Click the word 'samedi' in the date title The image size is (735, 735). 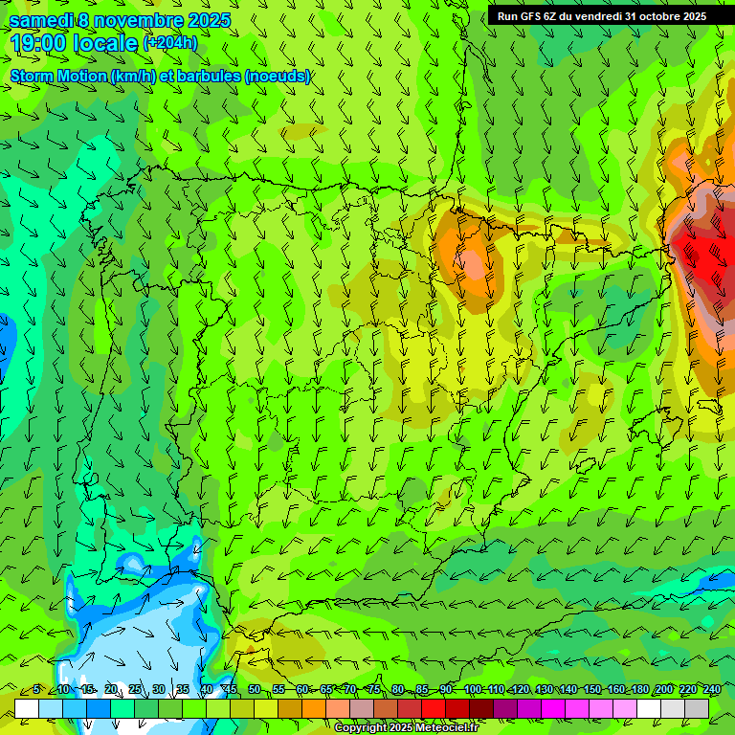coord(41,20)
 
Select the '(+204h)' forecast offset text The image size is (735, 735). coord(169,43)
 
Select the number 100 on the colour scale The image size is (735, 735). coord(473,690)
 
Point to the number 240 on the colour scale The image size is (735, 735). coord(712,690)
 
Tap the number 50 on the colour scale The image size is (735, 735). coord(255,690)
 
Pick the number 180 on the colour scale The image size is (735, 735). coord(640,690)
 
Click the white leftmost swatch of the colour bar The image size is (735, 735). coord(27,707)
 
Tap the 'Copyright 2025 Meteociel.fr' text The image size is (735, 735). coord(405,728)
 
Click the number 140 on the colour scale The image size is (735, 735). coord(568,690)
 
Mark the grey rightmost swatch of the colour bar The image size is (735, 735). coord(697,707)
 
